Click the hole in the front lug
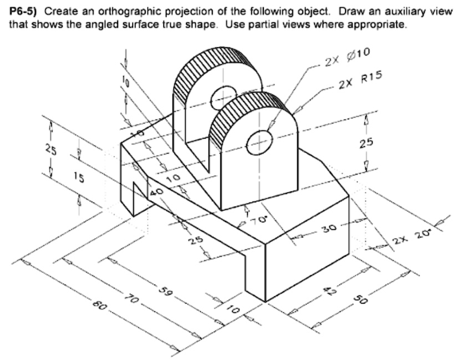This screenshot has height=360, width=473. click(259, 140)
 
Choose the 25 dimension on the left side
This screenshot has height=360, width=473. click(50, 149)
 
